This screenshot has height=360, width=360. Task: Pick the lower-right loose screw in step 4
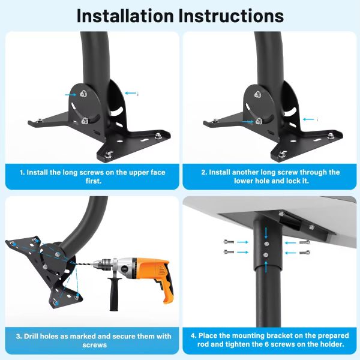[x=304, y=253]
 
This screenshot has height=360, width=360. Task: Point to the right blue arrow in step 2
[x=309, y=119]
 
